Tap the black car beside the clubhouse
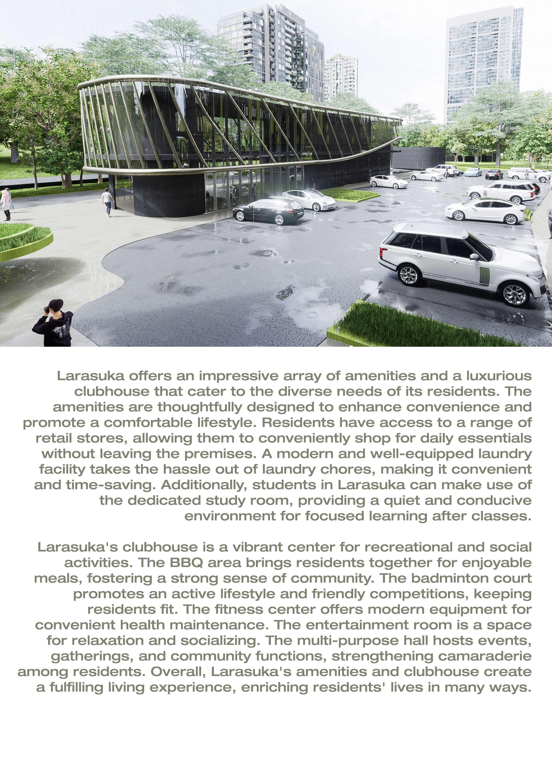268,211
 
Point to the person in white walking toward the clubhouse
108,202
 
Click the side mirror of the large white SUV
473,256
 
